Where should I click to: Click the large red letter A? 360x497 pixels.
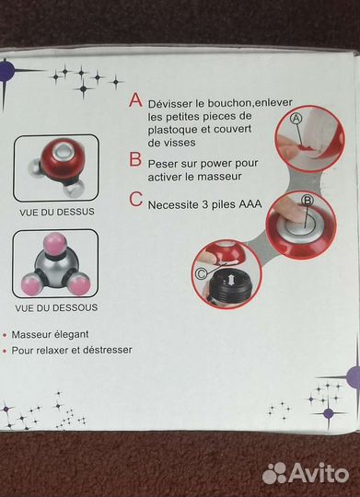[135, 99]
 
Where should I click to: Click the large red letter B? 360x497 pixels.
[135, 159]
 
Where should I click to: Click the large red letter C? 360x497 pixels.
[136, 200]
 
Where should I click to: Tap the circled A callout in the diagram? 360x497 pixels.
[296, 119]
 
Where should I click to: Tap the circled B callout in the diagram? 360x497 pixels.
[307, 201]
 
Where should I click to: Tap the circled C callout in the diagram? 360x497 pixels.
[201, 273]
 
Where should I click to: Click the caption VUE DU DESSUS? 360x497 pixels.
[57, 212]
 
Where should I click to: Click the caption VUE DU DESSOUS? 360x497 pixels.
[56, 307]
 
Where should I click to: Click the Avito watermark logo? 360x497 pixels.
[306, 474]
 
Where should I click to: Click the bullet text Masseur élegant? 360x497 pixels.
[50, 334]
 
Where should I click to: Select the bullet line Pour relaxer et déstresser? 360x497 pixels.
[72, 351]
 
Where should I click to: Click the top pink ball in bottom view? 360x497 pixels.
[55, 243]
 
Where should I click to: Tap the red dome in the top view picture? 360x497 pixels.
[63, 159]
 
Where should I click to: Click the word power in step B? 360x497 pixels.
[215, 164]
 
